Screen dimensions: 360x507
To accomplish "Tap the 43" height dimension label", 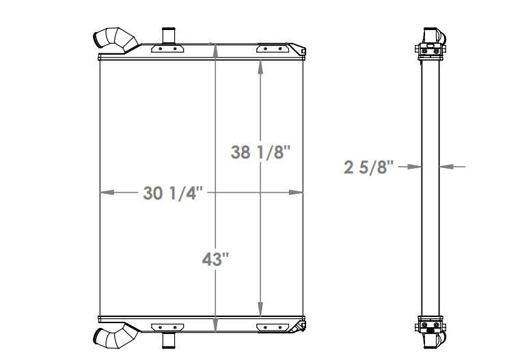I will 216,260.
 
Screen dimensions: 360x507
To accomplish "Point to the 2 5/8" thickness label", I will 370,166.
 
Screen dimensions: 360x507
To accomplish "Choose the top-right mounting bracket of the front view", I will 269,49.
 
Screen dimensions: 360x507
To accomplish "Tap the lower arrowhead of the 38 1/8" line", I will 260,310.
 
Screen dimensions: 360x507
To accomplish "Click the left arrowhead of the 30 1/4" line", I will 105,193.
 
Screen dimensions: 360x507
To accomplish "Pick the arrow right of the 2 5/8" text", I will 413,166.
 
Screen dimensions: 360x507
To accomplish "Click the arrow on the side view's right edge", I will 445,166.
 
